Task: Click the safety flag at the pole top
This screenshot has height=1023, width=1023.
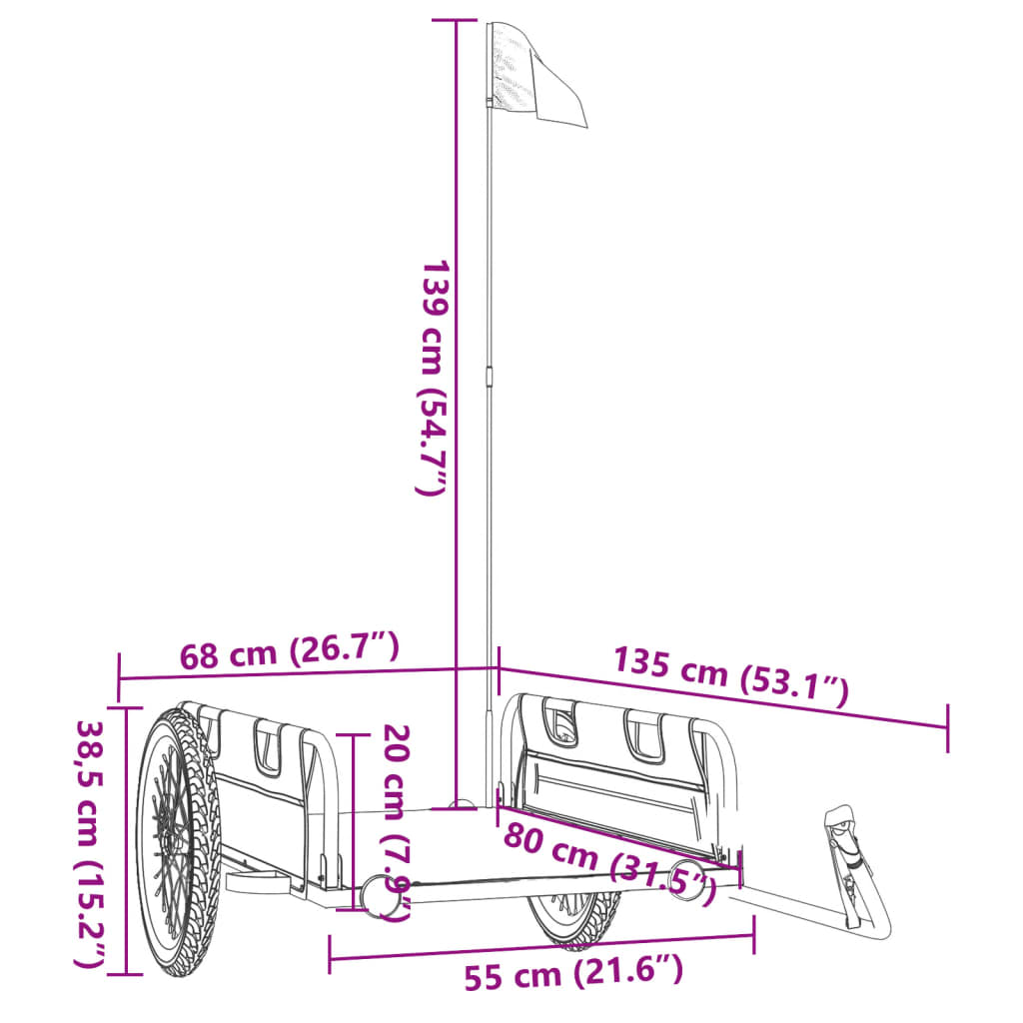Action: (533, 75)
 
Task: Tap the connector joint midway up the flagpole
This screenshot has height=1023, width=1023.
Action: (490, 376)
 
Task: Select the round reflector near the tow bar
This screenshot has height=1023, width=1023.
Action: (687, 878)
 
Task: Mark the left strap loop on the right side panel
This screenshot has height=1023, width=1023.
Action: (559, 721)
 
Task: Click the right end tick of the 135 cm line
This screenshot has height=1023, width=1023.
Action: (947, 727)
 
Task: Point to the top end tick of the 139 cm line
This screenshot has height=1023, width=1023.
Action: (457, 21)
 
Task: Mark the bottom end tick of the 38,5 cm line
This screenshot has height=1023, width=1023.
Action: (127, 973)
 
